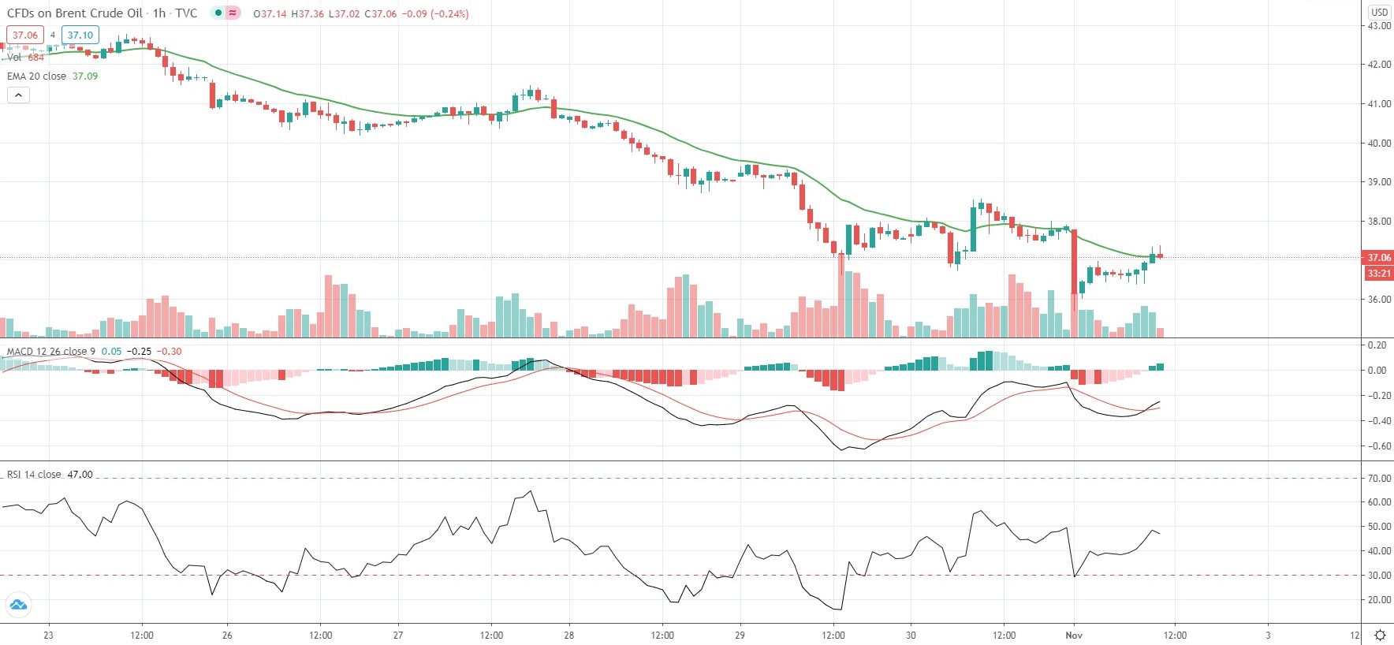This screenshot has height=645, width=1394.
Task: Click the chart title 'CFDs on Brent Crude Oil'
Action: (x=75, y=13)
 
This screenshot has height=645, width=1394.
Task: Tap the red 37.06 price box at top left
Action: (x=24, y=35)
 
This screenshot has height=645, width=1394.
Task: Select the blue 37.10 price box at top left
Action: (x=80, y=35)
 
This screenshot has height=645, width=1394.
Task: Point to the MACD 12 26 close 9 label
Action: (x=51, y=351)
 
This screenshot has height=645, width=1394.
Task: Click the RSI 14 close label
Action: (x=34, y=475)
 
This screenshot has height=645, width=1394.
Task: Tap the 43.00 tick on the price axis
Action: (x=1379, y=26)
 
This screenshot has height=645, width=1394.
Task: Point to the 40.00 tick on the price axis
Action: (x=1379, y=144)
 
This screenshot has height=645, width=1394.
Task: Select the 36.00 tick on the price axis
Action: (x=1379, y=300)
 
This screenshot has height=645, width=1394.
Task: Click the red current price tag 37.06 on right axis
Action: (x=1378, y=258)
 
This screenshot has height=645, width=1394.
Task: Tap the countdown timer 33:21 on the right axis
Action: (x=1378, y=274)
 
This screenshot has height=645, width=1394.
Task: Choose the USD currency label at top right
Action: (x=1379, y=12)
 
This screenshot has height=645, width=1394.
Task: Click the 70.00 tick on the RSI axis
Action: (x=1379, y=479)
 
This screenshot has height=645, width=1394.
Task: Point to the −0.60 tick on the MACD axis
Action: (x=1377, y=446)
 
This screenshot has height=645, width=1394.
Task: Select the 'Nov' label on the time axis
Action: (x=1074, y=636)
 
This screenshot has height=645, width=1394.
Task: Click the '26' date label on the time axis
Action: (x=227, y=636)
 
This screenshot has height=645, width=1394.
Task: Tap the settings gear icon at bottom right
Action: (x=1380, y=636)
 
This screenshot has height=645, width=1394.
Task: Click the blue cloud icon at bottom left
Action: (x=17, y=606)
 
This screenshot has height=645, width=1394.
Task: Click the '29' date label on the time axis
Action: (x=740, y=636)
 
